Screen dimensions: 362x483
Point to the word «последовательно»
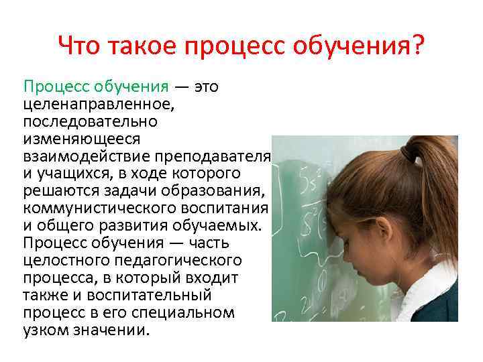coord(80,122)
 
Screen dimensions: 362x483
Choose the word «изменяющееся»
coord(72,139)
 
